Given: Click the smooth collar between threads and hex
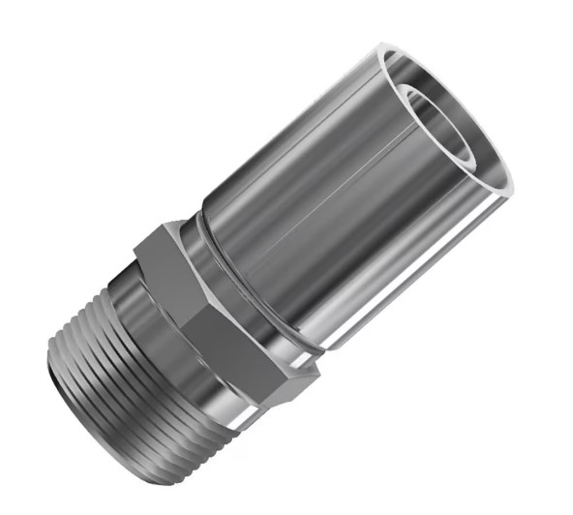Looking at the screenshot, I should (x=145, y=290).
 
